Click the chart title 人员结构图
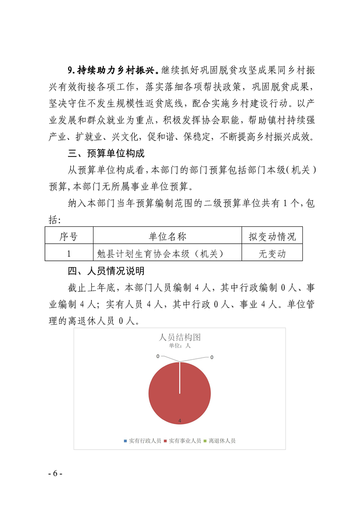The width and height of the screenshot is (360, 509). (x=180, y=337)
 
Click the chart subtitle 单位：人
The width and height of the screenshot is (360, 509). (x=180, y=345)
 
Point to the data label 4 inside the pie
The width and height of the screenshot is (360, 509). (x=180, y=421)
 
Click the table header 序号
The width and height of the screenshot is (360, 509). (x=69, y=236)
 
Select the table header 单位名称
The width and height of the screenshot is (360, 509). (x=167, y=236)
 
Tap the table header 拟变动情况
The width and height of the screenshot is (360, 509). (x=272, y=236)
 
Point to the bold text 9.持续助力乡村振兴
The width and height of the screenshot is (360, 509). (x=112, y=70)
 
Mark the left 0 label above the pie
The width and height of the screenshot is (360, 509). (x=158, y=356)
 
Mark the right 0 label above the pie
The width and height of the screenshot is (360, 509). (x=212, y=357)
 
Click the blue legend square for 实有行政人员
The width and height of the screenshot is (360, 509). (x=125, y=440)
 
